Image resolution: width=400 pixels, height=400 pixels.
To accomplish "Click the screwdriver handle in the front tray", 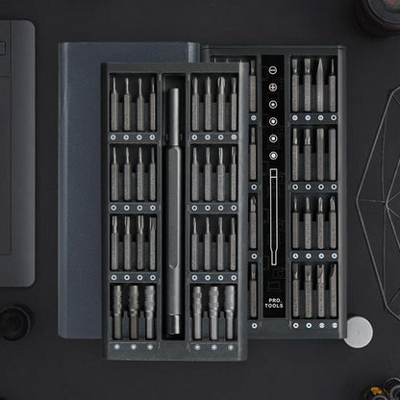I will click(174, 207).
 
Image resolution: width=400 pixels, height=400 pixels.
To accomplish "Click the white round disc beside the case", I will click(358, 329).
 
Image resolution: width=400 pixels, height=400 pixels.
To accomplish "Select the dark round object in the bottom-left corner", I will click(14, 320).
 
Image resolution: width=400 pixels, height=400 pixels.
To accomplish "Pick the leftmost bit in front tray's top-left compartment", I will click(114, 104).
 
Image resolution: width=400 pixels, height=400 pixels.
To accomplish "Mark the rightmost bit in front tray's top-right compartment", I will click(232, 104).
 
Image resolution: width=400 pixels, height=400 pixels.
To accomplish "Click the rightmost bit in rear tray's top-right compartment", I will click(332, 86).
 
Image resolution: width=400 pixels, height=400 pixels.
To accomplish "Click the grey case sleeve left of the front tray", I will click(80, 192).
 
